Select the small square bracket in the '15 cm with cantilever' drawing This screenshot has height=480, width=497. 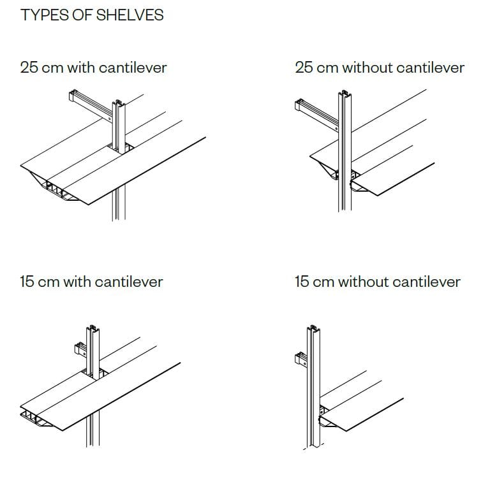point(81,349)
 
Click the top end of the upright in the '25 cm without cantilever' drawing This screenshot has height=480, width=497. point(346,98)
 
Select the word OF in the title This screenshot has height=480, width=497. point(81,15)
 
